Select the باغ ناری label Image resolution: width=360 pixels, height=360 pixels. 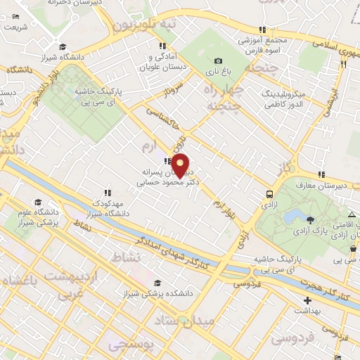(x=218, y=72)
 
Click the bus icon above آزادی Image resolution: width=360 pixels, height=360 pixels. (x=270, y=193)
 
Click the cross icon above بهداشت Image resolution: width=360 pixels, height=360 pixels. (x=307, y=300)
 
